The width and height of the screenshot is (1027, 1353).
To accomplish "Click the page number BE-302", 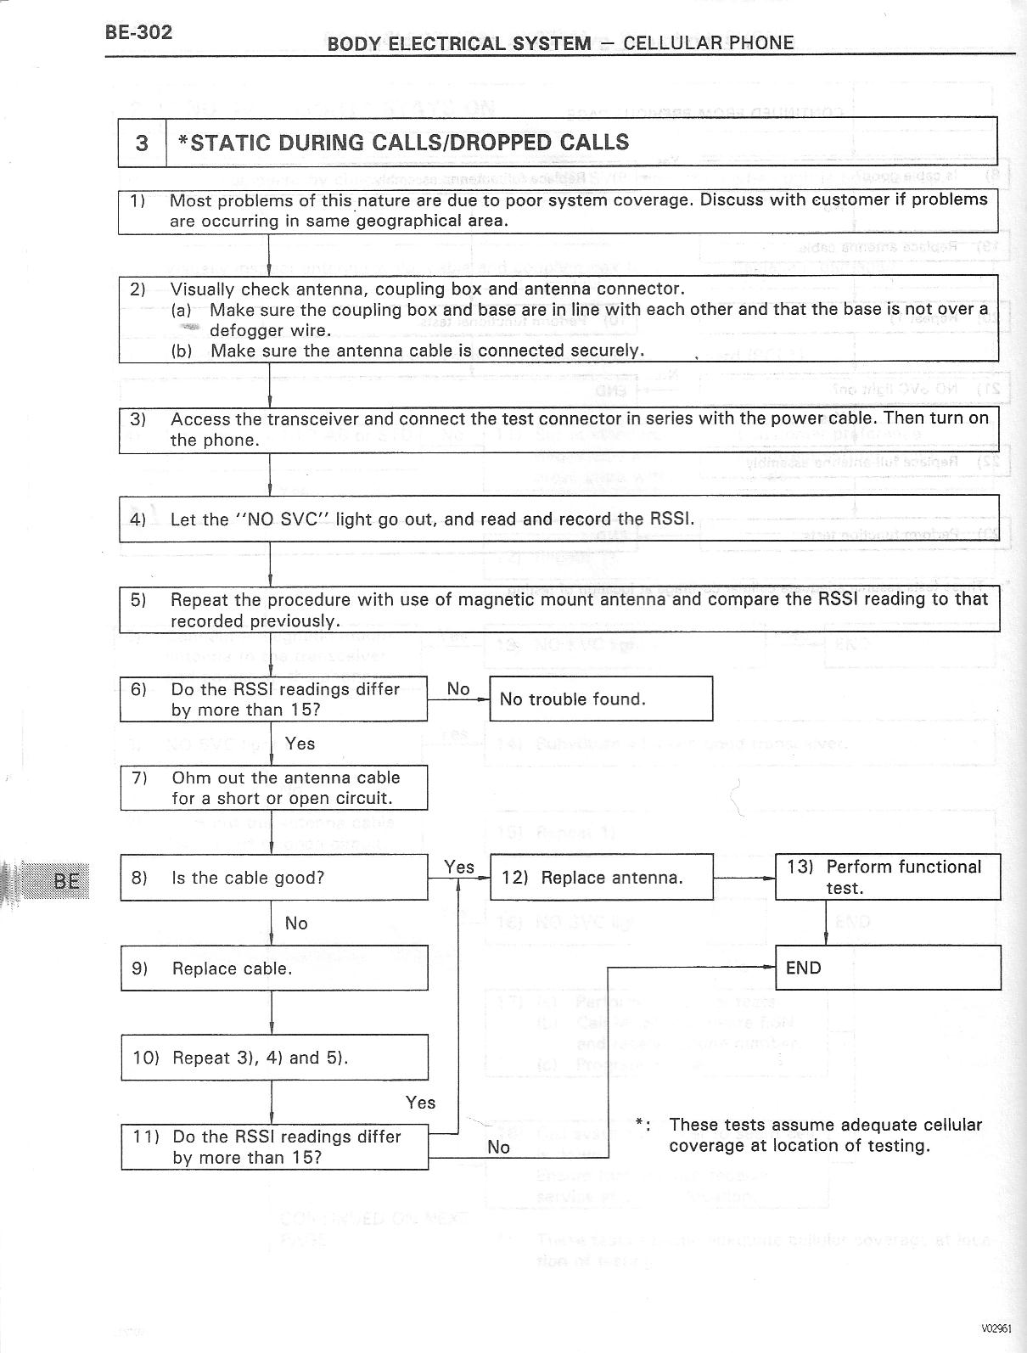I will click(138, 32).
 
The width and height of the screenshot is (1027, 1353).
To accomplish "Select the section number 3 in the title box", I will click(142, 143).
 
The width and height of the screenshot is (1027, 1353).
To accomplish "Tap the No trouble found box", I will click(600, 699).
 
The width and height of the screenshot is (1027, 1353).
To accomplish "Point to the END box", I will click(888, 968).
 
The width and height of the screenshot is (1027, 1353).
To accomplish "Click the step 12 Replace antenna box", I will click(601, 878).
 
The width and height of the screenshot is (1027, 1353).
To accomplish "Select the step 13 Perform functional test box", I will click(888, 877).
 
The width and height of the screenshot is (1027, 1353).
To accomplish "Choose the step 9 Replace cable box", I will click(273, 968).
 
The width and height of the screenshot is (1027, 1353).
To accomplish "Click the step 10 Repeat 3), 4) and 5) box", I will click(273, 1058).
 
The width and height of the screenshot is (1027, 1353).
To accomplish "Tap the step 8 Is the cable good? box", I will click(273, 878).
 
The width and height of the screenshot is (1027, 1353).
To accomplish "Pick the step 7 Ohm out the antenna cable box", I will click(273, 788).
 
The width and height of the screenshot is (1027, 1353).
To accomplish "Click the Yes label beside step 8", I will click(459, 867).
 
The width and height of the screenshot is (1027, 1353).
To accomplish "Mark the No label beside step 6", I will click(458, 689).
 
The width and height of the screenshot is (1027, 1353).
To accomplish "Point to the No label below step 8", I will click(296, 923).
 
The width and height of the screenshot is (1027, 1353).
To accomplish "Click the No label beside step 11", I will click(499, 1147).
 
